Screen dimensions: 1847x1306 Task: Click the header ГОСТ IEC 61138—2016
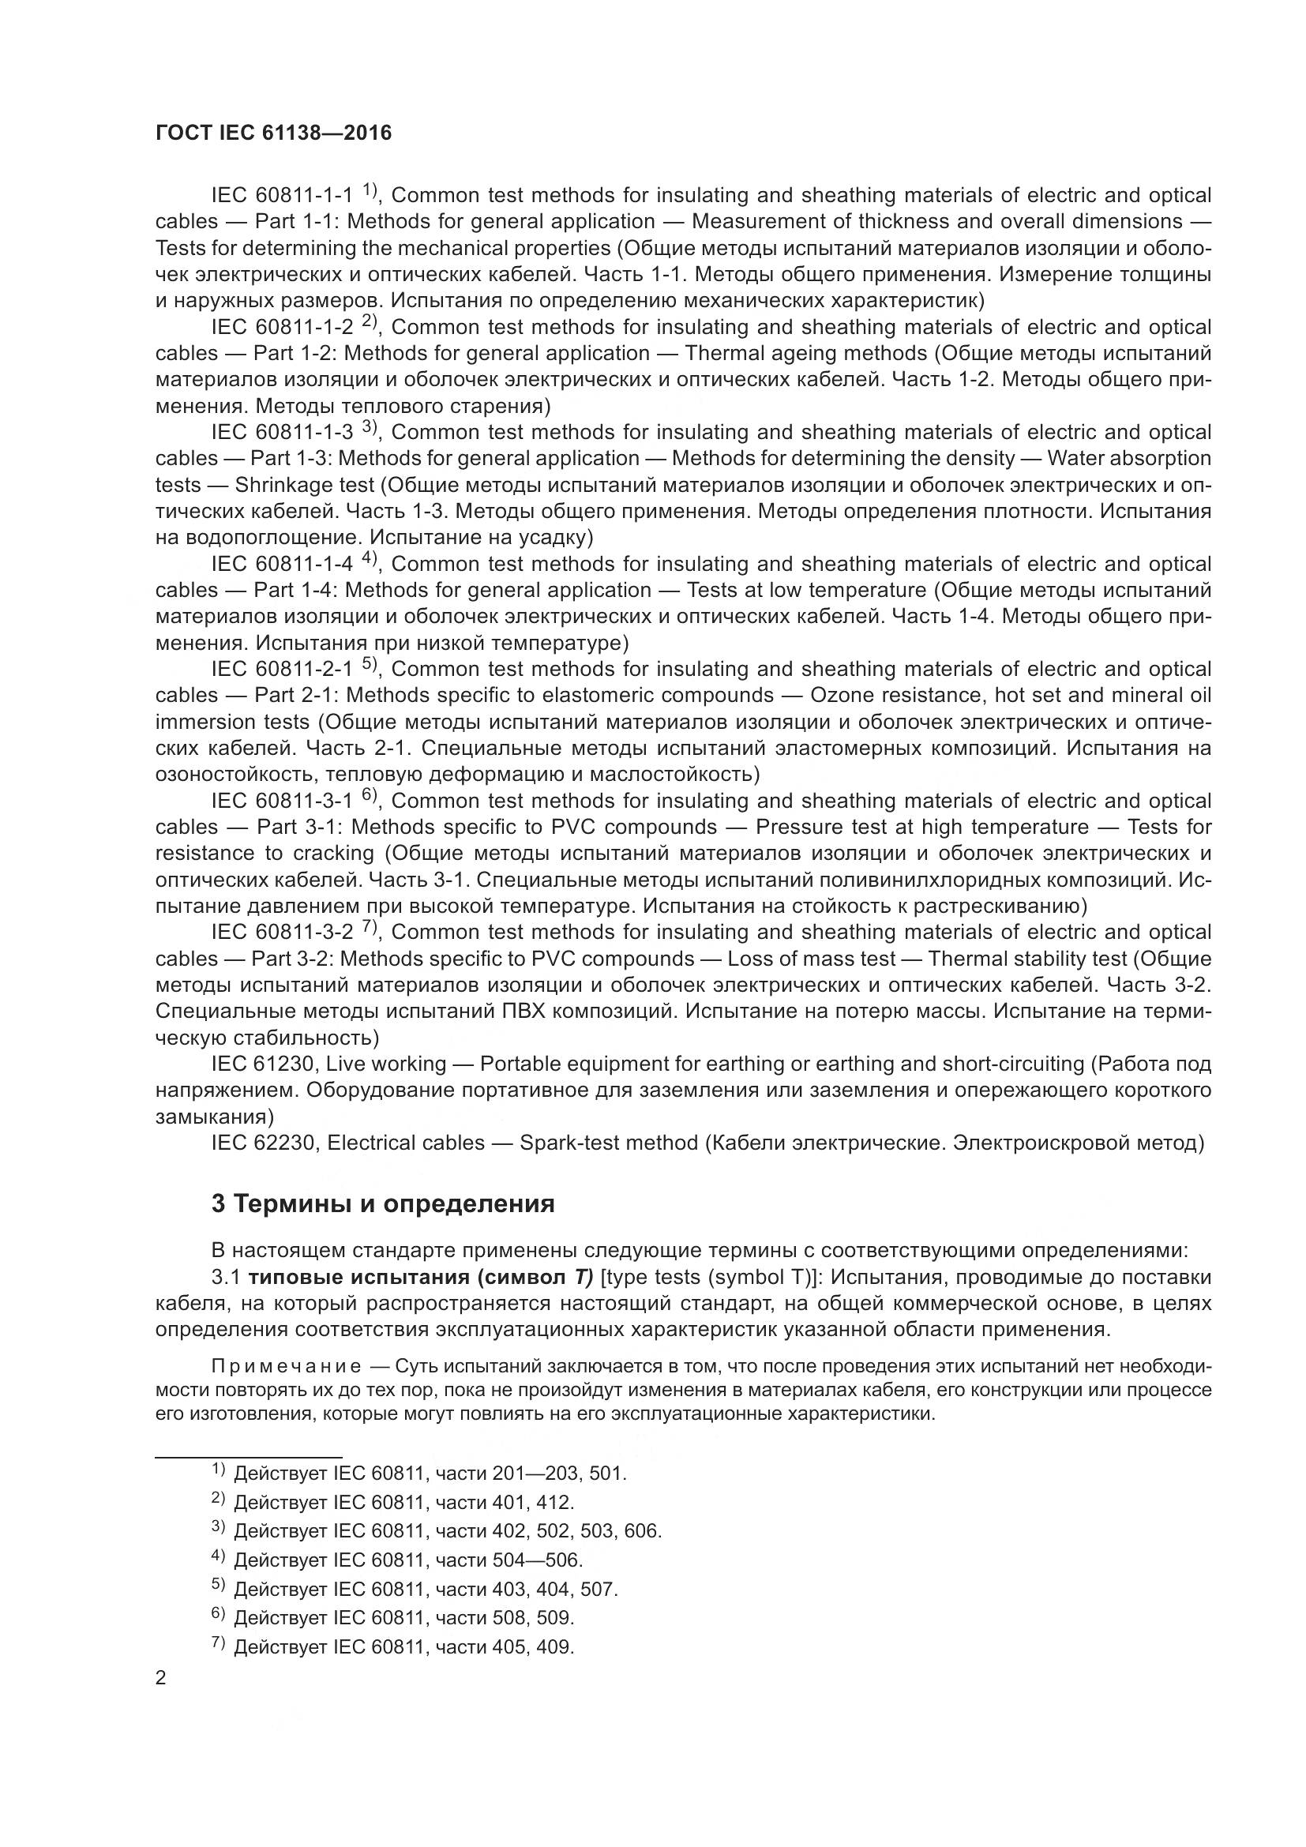tap(273, 133)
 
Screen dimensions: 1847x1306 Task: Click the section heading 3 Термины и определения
tap(383, 1203)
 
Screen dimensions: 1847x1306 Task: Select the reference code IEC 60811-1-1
tap(281, 196)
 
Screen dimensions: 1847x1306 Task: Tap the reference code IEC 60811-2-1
tap(281, 670)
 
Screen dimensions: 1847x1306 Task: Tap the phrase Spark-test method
tap(609, 1143)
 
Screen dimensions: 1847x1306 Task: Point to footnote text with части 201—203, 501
tap(430, 1473)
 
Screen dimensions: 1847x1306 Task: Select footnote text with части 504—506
tap(407, 1560)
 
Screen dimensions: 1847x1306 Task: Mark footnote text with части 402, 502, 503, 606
tap(447, 1532)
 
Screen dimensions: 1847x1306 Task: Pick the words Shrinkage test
tap(305, 485)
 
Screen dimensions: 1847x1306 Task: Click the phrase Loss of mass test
tap(811, 959)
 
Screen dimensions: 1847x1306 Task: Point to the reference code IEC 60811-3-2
tap(281, 933)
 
